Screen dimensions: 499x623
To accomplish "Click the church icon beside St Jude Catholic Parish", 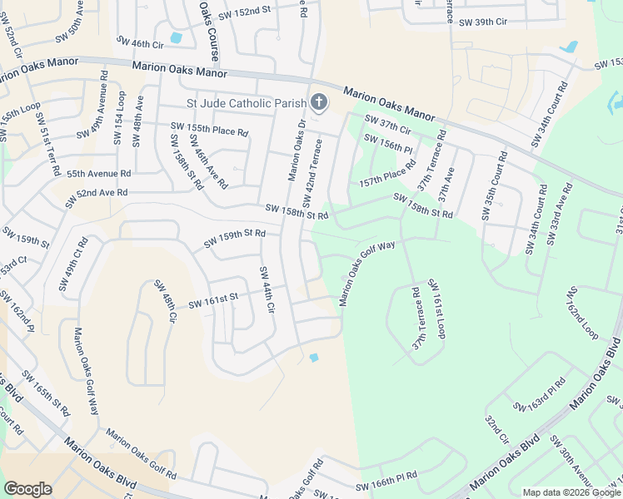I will point(317,103).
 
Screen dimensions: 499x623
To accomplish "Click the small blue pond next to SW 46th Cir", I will point(176,37).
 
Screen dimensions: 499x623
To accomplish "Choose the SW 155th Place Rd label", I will point(209,129).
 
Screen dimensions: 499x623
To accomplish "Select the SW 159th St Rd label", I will point(235,240).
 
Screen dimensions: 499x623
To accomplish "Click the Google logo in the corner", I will point(27,488).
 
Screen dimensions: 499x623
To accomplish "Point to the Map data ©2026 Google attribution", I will point(571,492).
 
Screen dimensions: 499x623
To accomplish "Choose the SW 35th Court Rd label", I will point(493,187).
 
